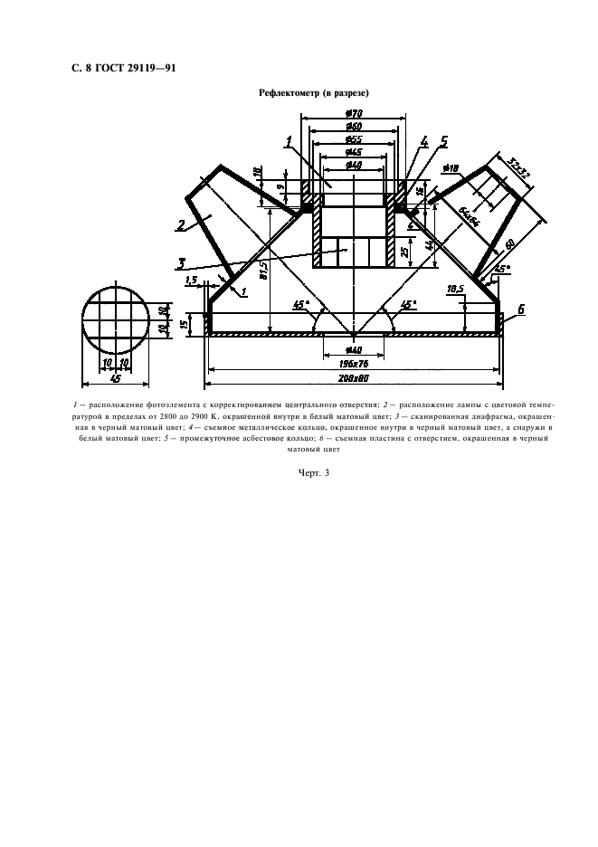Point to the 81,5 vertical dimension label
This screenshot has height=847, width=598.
point(262,269)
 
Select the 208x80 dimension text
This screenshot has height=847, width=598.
point(354,376)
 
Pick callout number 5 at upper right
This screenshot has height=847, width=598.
point(443,141)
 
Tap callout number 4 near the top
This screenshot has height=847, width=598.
point(423,141)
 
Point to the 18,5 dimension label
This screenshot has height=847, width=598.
point(454,288)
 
